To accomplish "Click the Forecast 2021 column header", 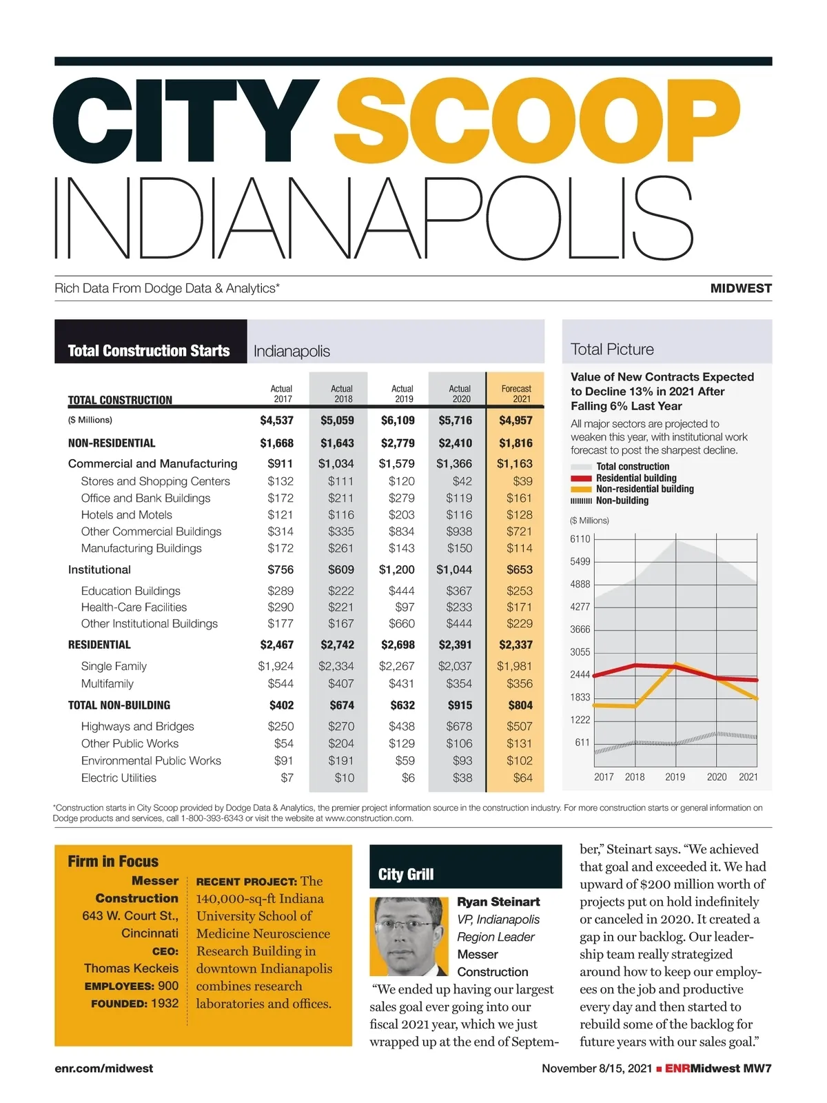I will (516, 394).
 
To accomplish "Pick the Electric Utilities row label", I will (119, 778).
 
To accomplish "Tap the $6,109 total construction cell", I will (398, 421).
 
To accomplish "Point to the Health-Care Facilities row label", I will (134, 607).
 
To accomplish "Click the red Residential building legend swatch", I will (581, 478).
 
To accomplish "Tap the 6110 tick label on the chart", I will (580, 539).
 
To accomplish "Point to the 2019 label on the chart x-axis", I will (675, 777).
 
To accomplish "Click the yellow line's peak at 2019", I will (676, 664).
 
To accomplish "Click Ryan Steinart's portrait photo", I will (409, 935).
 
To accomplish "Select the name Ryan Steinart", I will (498, 902).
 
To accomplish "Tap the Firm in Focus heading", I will (113, 862).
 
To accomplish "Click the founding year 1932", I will (165, 1004).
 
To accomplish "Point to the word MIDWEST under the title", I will (741, 289).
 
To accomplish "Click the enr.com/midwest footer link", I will (104, 1069).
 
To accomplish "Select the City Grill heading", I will (406, 875).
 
